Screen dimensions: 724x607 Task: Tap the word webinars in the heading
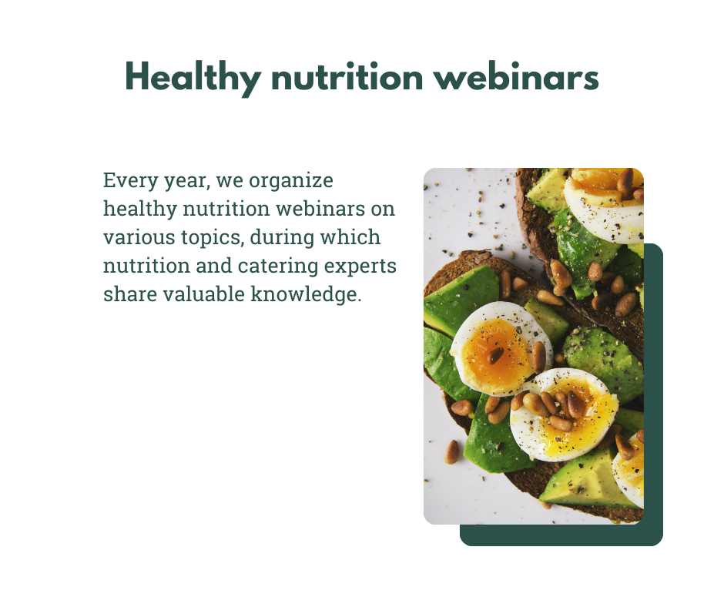516,76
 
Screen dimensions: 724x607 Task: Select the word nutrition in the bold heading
347,77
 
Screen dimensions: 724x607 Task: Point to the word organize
291,181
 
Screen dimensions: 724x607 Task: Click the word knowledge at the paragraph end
306,295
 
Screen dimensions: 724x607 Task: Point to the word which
350,237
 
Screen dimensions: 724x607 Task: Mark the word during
282,238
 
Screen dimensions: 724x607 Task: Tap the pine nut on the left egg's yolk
496,355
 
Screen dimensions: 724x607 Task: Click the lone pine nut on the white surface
452,452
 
